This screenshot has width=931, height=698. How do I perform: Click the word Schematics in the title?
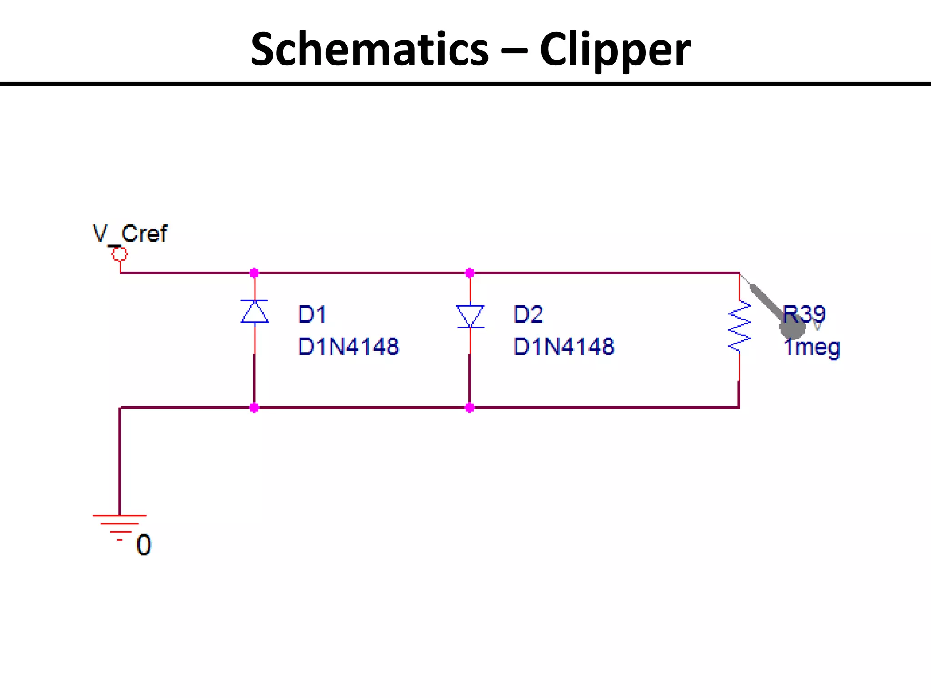(x=369, y=49)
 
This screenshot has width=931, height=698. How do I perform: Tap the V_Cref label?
(x=130, y=234)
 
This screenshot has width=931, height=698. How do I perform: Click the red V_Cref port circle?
(x=120, y=254)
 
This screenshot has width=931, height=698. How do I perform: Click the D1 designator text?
(x=312, y=314)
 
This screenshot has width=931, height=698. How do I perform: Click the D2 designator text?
(x=528, y=314)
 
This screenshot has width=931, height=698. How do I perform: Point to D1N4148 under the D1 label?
(x=348, y=347)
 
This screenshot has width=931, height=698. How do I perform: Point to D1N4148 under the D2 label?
(x=564, y=347)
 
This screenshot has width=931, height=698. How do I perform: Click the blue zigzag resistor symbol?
(x=739, y=327)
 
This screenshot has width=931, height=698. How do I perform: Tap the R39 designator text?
(x=804, y=314)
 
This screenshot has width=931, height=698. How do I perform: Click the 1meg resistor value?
(x=812, y=348)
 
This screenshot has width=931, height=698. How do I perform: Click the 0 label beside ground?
(x=144, y=545)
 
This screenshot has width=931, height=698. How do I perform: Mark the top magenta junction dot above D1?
(x=254, y=273)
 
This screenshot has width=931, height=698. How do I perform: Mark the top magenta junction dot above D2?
(x=470, y=273)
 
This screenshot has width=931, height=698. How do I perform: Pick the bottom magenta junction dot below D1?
(x=254, y=408)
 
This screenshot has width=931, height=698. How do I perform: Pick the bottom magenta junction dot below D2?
(x=470, y=408)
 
